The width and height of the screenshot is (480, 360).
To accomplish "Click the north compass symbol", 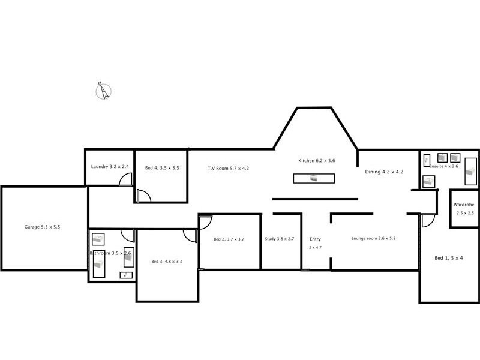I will click(104, 91).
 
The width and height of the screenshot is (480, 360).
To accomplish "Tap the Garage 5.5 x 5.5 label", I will click(42, 227).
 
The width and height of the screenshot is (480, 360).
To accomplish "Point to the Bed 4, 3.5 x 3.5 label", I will click(162, 169).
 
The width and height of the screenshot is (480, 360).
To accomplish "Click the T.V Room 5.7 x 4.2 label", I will click(228, 169).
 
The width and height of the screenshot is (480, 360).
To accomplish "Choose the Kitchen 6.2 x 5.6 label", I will click(316, 161).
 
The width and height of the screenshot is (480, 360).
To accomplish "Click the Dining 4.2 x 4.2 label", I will click(384, 172).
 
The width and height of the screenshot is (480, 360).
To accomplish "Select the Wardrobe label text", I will click(464, 205).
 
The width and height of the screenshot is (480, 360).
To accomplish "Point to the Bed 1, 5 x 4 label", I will click(449, 258).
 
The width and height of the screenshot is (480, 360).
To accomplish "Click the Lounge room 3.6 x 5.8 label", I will click(373, 239).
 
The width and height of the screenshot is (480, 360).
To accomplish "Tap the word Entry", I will click(315, 239).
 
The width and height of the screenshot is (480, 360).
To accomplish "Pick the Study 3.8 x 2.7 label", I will click(280, 239).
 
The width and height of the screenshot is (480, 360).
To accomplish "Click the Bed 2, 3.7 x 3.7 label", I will click(229, 239).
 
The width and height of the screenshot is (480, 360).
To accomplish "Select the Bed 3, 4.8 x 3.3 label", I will click(167, 261).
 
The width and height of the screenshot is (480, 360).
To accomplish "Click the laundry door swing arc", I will click(126, 179).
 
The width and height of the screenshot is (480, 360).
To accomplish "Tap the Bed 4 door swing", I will click(143, 196).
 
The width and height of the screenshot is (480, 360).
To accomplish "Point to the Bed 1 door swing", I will click(427, 220).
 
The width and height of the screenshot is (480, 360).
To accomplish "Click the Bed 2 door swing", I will click(205, 221).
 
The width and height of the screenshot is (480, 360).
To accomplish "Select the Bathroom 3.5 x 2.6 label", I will click(110, 253).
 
